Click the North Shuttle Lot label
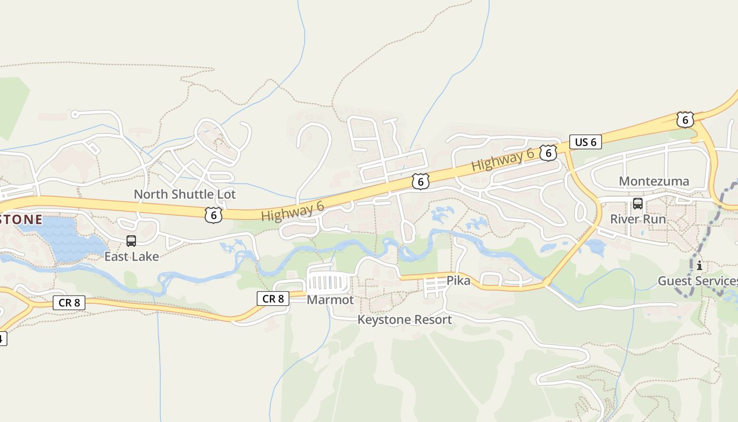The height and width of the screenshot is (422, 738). [x=184, y=194]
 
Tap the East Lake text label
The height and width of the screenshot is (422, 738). [x=131, y=256]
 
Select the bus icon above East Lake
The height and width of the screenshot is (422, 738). [x=131, y=241]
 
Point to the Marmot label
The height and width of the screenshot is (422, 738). [x=330, y=300]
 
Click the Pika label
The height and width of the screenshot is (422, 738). [x=458, y=281]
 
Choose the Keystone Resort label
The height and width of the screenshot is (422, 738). [x=404, y=320]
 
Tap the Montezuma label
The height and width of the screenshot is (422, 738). [x=654, y=181]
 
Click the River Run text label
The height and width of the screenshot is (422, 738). [x=638, y=218]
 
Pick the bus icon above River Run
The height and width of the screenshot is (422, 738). [x=638, y=204]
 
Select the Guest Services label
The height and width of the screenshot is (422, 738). [x=697, y=281]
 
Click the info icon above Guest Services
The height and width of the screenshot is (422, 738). [x=700, y=265]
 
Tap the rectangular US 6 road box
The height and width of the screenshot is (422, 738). [x=585, y=142]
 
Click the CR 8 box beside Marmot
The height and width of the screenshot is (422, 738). [x=273, y=299]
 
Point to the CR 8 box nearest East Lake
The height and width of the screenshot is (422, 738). [x=69, y=303]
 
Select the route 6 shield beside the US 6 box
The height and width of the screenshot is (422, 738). [x=548, y=153]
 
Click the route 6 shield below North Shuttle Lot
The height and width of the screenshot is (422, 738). [x=213, y=215]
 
